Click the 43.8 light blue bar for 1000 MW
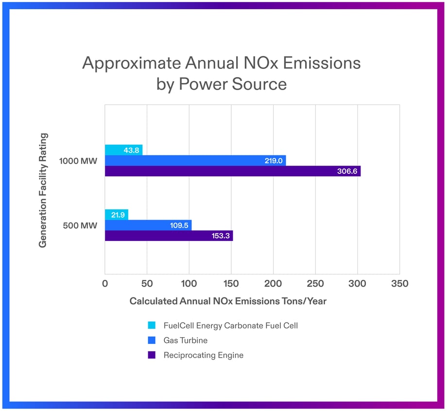[x=123, y=150]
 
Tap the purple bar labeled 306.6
[x=232, y=171]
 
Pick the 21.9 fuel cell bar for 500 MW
[x=117, y=214]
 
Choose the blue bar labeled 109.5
[x=148, y=225]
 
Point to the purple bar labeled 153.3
[x=169, y=236]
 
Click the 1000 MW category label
[x=78, y=161]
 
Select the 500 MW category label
[x=80, y=225]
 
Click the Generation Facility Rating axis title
[x=43, y=190]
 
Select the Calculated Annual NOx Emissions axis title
[x=228, y=301]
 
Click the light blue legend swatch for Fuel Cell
[x=152, y=325]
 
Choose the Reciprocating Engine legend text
[x=203, y=355]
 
